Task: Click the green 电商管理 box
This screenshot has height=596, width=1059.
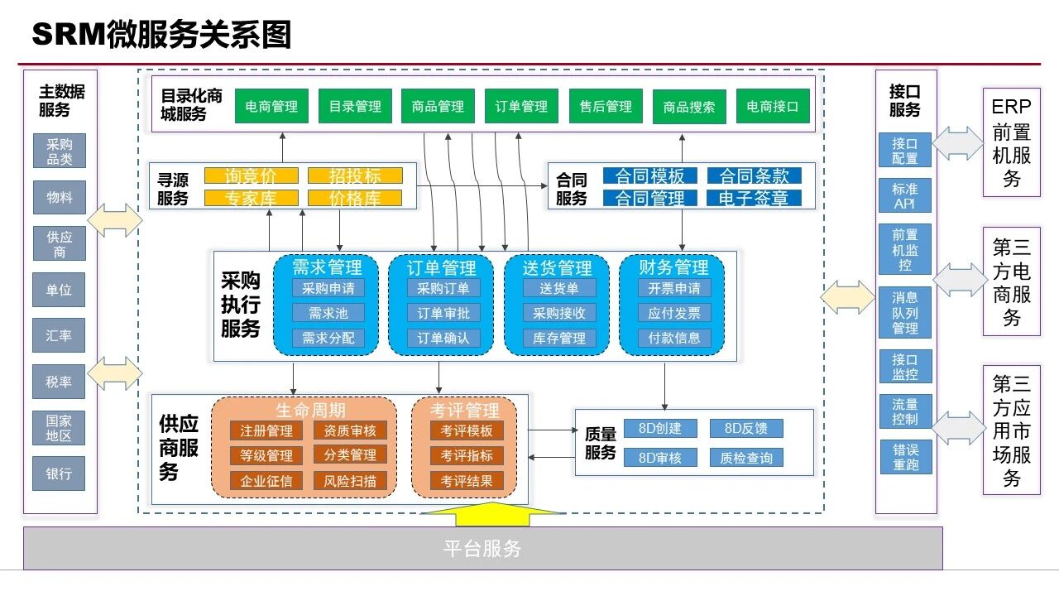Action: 271,107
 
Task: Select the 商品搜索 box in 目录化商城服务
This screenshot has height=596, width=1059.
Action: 689,107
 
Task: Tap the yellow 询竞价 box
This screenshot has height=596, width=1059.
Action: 252,175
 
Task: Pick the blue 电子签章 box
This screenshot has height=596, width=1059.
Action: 754,198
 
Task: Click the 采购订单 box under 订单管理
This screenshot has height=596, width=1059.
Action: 443,288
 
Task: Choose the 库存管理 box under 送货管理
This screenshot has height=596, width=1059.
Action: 558,338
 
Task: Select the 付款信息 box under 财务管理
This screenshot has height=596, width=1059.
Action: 673,338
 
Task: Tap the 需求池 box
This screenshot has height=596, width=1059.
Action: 328,313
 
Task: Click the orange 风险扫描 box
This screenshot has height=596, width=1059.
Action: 350,480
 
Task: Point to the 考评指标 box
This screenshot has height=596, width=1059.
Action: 467,455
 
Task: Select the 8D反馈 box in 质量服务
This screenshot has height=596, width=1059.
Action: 746,429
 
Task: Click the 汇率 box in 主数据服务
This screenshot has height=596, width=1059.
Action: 59,336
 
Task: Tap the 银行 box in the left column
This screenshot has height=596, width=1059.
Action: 59,474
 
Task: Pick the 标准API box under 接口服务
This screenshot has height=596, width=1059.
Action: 905,196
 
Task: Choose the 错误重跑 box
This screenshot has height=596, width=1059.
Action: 905,457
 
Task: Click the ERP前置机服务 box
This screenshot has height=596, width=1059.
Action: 1011,142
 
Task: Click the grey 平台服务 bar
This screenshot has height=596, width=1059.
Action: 482,549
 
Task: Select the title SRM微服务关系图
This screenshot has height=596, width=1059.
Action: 161,35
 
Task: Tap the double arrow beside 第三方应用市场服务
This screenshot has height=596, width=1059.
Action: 960,428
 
